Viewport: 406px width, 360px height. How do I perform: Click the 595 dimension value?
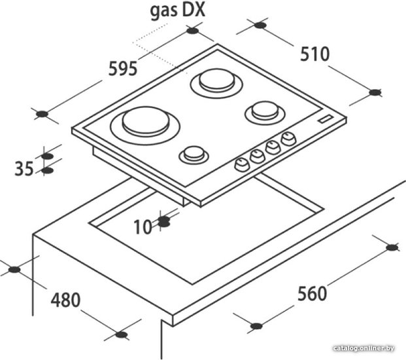click(123, 69)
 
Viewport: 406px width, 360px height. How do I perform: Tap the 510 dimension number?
click(315, 54)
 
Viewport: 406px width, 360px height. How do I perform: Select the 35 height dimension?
click(24, 169)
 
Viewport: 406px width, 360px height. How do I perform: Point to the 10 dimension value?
click(143, 227)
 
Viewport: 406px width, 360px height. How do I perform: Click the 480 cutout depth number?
click(65, 300)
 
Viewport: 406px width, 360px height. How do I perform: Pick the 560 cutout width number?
click(312, 294)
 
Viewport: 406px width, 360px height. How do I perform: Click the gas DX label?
click(178, 11)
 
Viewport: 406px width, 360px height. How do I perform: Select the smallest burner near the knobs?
click(194, 154)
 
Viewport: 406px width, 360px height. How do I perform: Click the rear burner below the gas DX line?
click(216, 82)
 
